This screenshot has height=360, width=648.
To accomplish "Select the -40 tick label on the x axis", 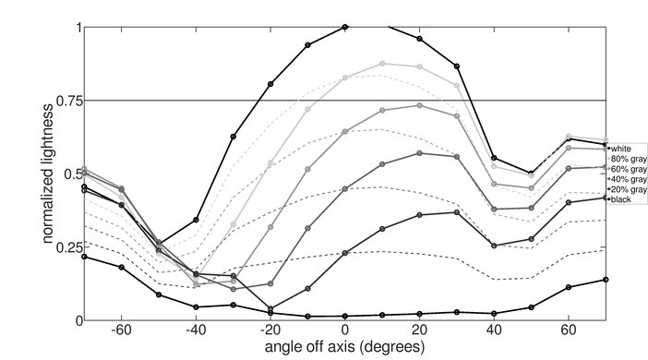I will (x=196, y=330).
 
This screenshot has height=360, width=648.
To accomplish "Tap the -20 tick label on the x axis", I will (x=270, y=330).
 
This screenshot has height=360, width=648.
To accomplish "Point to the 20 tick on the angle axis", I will (x=419, y=330).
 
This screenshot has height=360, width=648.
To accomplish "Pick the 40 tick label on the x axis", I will (x=494, y=330).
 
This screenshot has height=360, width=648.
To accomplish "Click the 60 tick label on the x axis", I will (x=569, y=330).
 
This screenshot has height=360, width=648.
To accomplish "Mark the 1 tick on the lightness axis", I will (x=77, y=28).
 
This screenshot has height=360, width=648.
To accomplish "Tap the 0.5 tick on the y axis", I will (x=71, y=174).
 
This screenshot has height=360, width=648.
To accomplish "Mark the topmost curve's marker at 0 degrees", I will (x=345, y=28).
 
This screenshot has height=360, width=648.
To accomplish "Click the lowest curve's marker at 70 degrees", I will (x=606, y=280).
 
